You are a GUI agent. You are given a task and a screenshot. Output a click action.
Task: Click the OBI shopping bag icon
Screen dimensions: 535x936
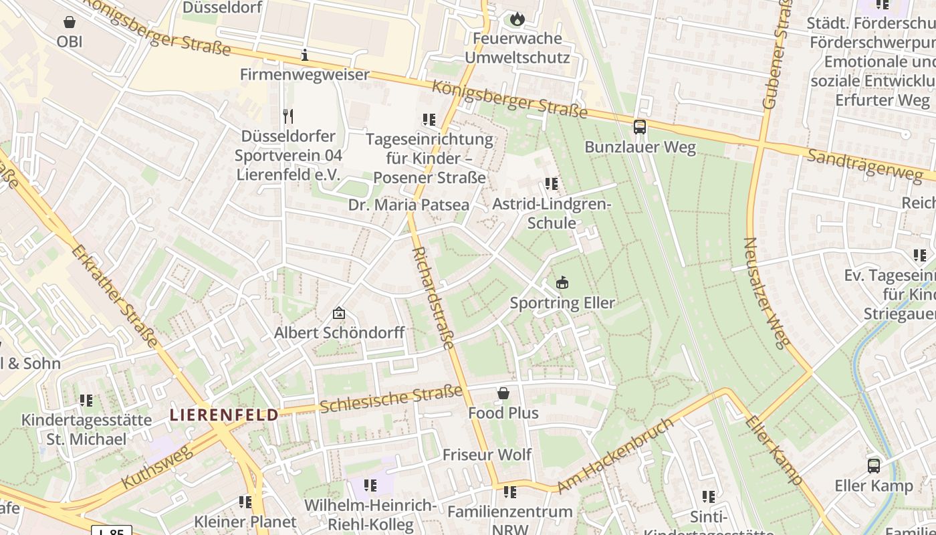point(69,22)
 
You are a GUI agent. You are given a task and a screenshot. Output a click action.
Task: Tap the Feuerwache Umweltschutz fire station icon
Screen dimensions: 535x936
point(517,19)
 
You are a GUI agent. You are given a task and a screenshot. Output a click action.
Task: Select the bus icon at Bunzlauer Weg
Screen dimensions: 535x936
point(640,126)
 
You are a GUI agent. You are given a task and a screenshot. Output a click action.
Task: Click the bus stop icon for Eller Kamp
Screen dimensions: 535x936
point(873,465)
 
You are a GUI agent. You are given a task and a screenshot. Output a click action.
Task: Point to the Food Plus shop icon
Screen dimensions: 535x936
point(503,393)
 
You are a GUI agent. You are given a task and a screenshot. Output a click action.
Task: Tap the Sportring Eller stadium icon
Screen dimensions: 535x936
point(562,283)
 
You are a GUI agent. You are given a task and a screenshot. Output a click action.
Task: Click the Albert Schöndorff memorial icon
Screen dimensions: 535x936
point(339,312)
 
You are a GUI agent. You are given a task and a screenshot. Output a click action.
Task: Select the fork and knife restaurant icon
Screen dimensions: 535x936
point(288,116)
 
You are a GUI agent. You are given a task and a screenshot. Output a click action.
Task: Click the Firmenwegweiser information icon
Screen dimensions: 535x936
point(305,55)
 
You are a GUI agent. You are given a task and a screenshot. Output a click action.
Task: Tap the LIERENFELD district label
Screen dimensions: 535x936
point(224,415)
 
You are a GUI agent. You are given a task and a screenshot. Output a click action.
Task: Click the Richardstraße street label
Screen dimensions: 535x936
point(433,298)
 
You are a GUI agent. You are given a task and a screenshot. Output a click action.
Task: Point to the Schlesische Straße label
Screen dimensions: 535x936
point(391,399)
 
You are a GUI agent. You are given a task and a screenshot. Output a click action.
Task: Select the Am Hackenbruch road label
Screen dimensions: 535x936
point(614,456)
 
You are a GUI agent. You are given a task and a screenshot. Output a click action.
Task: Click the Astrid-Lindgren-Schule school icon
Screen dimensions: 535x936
point(551,183)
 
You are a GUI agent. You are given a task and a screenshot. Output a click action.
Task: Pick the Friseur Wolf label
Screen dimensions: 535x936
point(487,455)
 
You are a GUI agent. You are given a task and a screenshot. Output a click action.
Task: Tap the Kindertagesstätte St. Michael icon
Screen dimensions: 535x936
point(86,401)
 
